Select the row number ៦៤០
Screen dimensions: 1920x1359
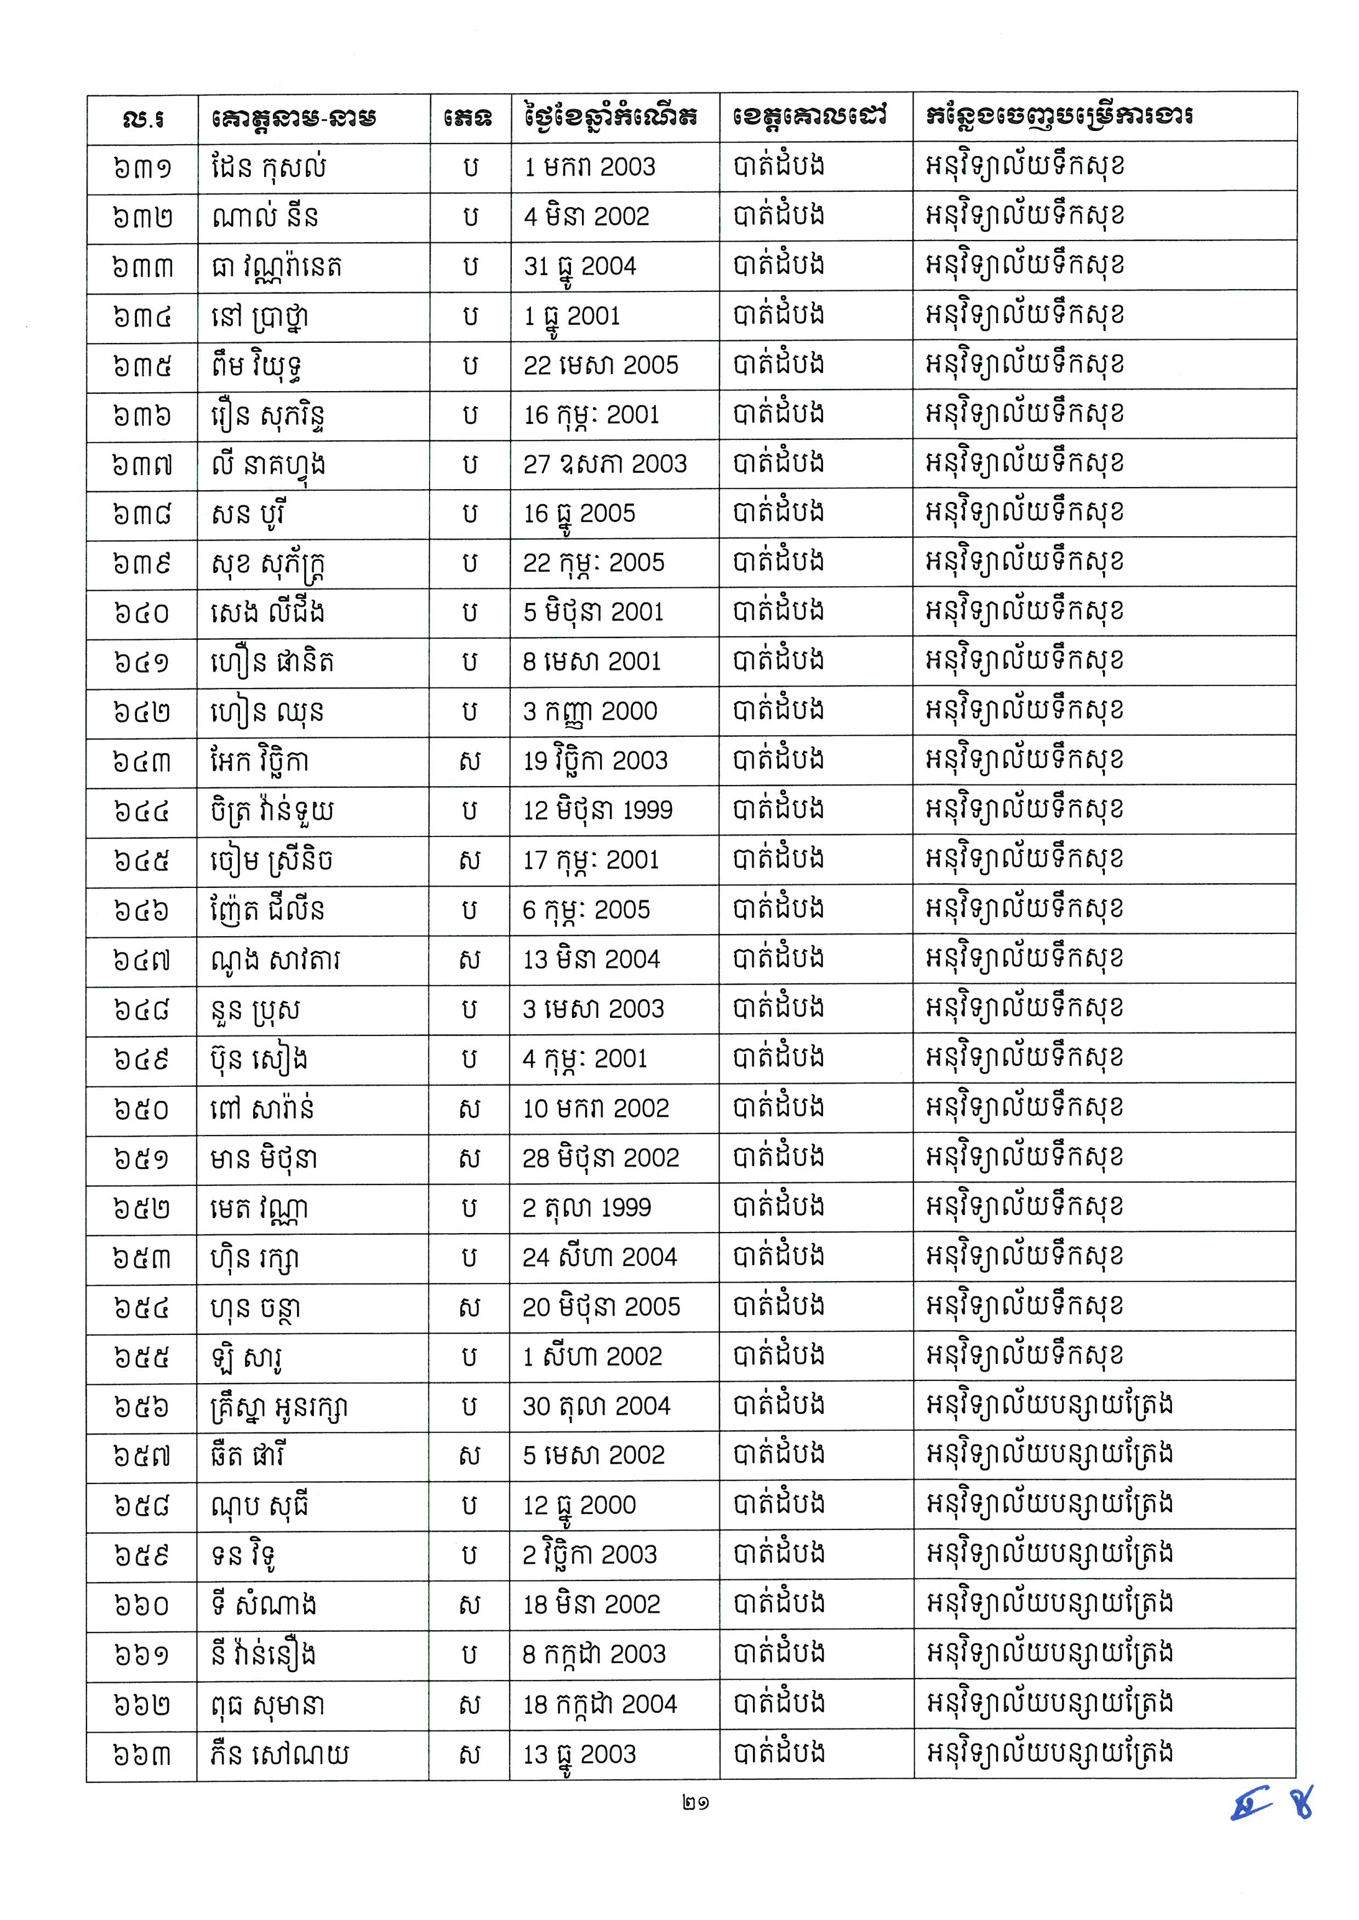141,612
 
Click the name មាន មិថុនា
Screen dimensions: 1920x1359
264,1159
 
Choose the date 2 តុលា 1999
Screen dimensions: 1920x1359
586,1207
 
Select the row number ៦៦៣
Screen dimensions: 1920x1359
141,1755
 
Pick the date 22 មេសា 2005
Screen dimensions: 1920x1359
601,365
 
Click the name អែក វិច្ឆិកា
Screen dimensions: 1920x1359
259,761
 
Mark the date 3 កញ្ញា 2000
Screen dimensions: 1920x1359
590,711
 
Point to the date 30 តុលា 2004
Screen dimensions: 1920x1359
597,1406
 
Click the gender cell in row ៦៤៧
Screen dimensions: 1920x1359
470,960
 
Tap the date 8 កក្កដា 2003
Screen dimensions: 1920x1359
594,1655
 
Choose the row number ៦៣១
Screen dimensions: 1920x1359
141,167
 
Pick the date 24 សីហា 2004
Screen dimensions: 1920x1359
599,1257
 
